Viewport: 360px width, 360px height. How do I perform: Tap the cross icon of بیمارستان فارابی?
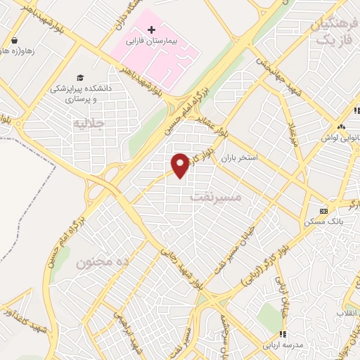152,30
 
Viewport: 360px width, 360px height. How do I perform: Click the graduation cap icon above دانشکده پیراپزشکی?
79,77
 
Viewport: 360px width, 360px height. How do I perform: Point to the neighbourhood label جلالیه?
89,124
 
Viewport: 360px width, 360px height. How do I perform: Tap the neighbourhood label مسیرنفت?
216,198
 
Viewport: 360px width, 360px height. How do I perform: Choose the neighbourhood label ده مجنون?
104,262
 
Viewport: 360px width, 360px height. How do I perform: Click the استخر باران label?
240,158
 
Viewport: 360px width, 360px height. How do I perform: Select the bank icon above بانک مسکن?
323,210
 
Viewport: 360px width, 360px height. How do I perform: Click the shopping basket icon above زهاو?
15,39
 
